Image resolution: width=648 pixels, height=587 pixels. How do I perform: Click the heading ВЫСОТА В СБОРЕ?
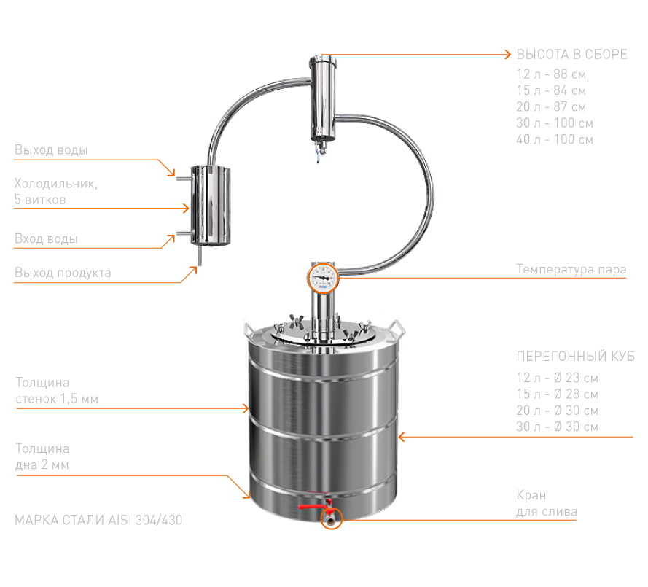pos(571,54)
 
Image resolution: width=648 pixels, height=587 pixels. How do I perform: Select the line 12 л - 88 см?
pos(551,74)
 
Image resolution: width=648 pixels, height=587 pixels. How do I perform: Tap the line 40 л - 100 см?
pos(555,139)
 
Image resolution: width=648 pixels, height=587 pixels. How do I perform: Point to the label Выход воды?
pos(51,149)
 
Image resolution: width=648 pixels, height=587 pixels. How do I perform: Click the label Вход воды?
pos(46,238)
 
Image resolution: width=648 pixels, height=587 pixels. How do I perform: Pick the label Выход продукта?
pos(63,273)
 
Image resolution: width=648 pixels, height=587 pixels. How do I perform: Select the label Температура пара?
pos(571,269)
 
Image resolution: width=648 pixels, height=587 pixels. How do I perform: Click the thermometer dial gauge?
pos(323,279)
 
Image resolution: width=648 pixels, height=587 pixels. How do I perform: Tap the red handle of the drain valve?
pos(315,506)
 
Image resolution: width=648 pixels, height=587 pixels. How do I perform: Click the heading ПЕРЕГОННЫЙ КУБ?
pos(575,357)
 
